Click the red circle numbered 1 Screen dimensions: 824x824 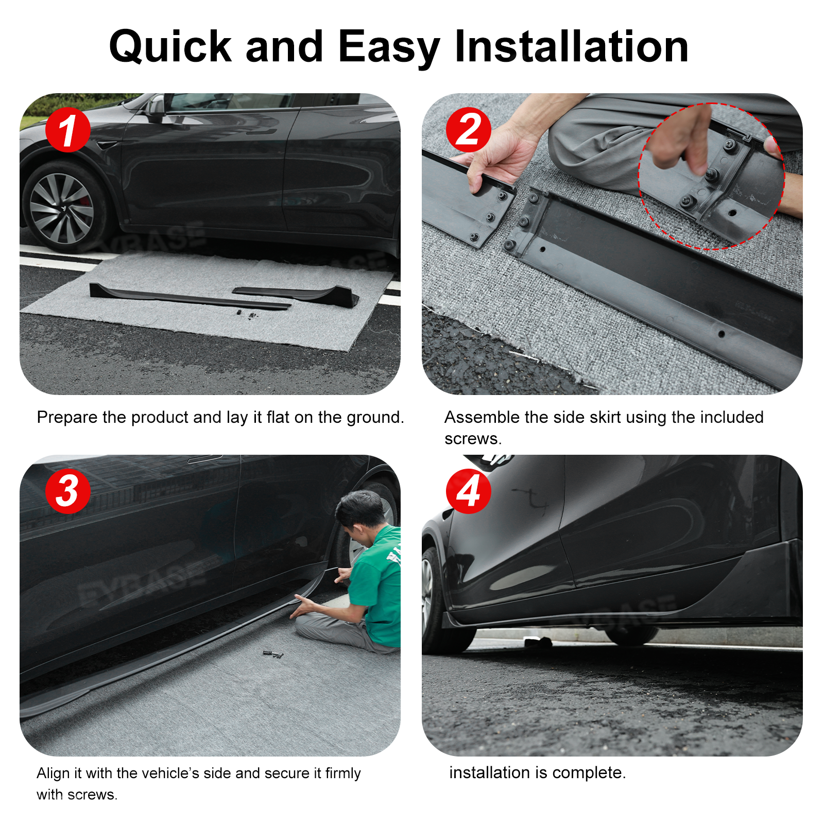click(x=67, y=130)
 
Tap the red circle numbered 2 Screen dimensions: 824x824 click(x=468, y=130)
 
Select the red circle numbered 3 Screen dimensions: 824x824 click(x=67, y=491)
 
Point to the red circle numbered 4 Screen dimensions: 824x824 click(x=468, y=491)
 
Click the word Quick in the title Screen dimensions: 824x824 click(x=170, y=47)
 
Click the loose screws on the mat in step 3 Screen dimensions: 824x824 click(x=273, y=654)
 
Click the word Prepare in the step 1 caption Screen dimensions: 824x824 click(x=67, y=417)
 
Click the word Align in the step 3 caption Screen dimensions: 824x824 click(x=53, y=773)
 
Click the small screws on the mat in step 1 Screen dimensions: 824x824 click(x=246, y=313)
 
